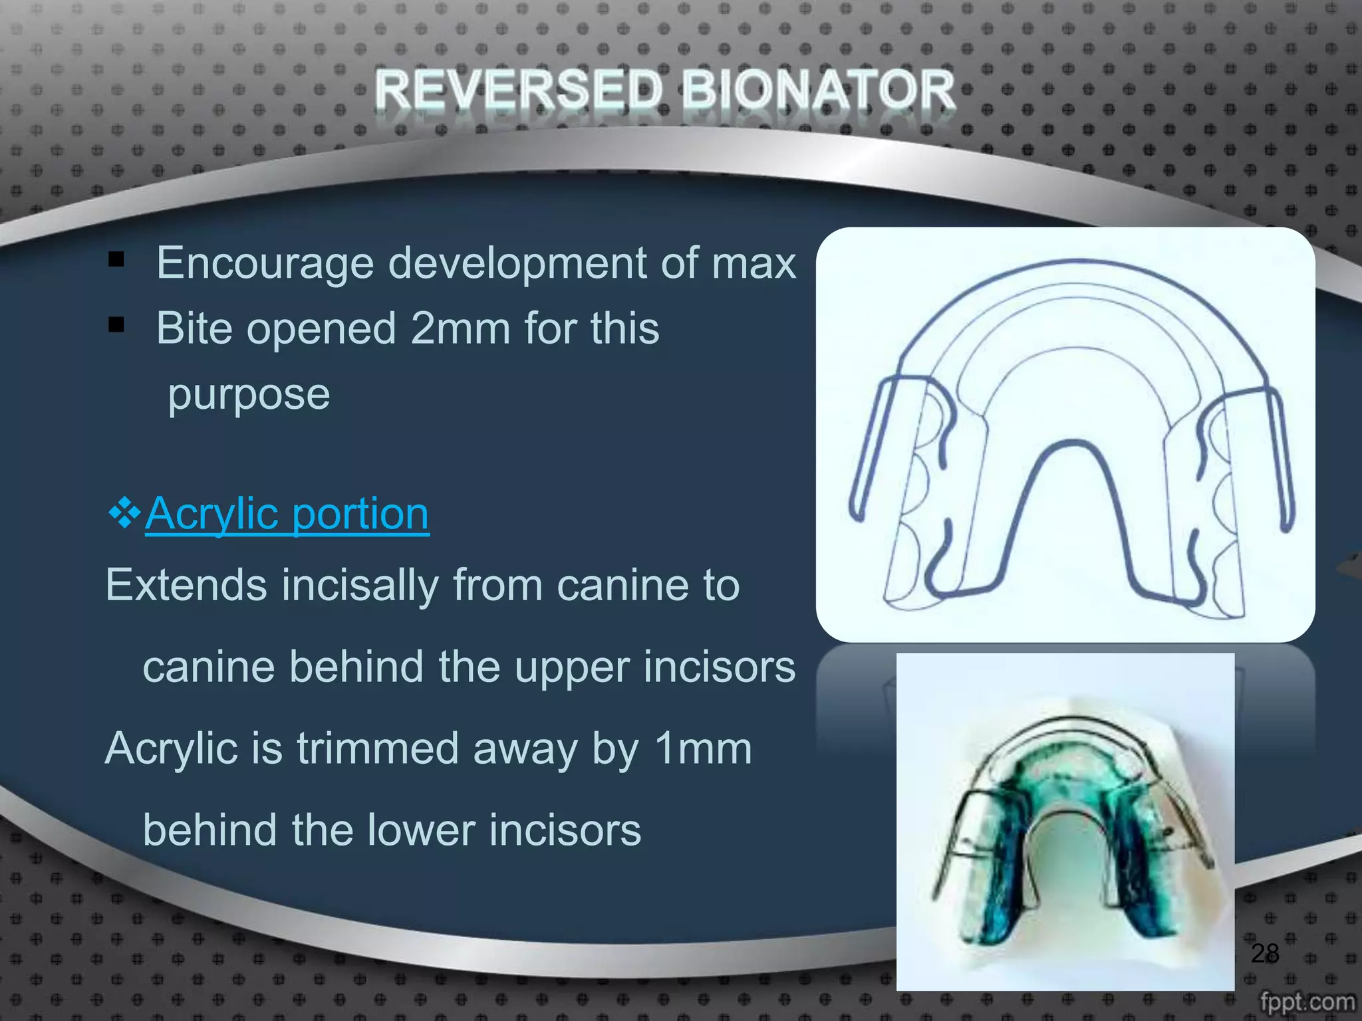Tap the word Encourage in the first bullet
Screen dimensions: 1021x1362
click(265, 264)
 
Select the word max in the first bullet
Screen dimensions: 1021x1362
click(753, 264)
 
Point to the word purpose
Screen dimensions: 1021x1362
click(249, 395)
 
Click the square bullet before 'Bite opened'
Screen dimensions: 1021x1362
click(116, 324)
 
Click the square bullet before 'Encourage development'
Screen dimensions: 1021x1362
click(116, 259)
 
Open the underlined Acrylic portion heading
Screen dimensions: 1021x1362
click(287, 514)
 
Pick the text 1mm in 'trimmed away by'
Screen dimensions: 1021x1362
click(703, 749)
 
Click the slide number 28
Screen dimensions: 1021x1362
click(1264, 953)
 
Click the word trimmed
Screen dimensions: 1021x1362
click(377, 749)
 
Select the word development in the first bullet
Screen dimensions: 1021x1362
click(517, 264)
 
